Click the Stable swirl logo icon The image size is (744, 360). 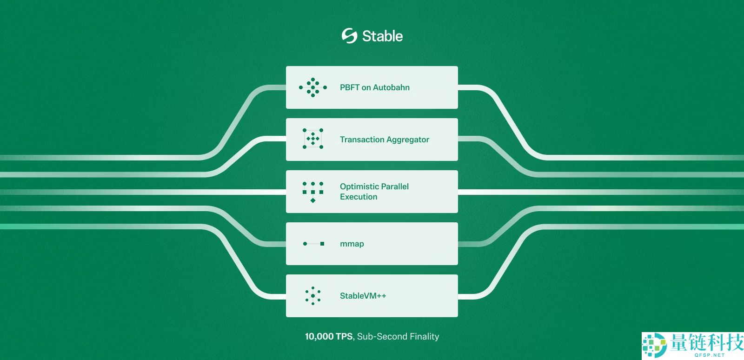point(349,35)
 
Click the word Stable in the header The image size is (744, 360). point(382,36)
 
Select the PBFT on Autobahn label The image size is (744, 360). point(375,87)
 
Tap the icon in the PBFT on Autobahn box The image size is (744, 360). point(313,87)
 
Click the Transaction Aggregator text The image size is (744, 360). point(384,140)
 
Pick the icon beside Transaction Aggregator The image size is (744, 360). point(313,139)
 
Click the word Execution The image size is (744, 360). point(359,197)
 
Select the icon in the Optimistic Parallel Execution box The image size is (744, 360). point(313,192)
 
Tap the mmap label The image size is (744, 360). point(352,244)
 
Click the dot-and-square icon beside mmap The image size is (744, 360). point(313,244)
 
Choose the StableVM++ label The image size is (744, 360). point(363,295)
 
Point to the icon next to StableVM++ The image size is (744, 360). point(313,295)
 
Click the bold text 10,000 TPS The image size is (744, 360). point(329,336)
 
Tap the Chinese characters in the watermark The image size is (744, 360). point(706,342)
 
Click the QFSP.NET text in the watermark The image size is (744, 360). point(710,355)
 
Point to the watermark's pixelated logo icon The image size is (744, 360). point(654,346)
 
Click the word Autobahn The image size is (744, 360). point(391,87)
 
